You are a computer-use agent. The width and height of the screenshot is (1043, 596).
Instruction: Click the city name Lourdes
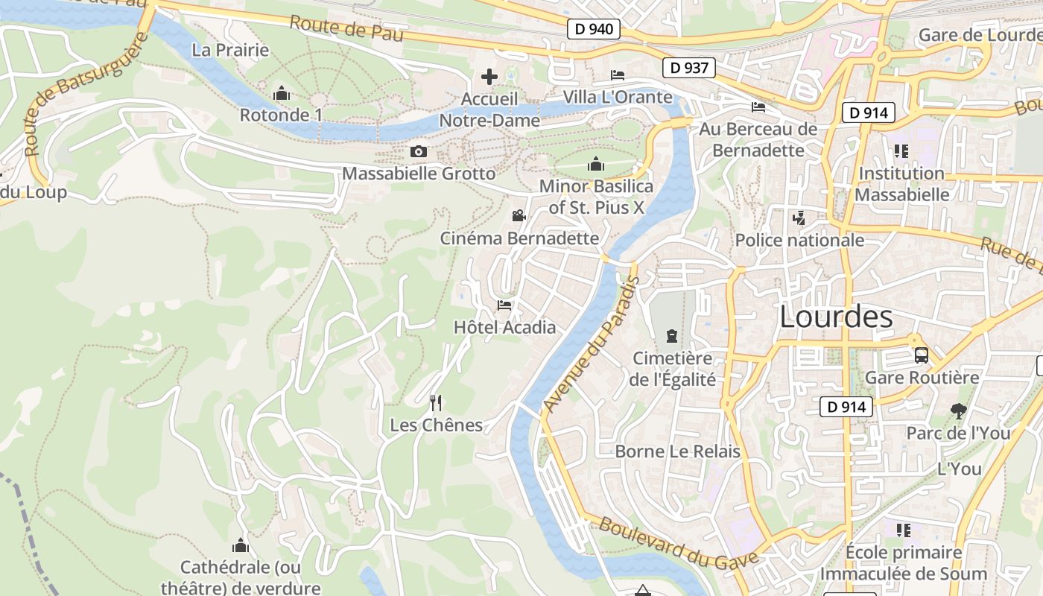click(x=836, y=317)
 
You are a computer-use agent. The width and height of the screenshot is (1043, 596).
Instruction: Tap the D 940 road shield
click(x=594, y=29)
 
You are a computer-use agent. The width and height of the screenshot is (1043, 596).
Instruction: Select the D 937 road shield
click(x=688, y=68)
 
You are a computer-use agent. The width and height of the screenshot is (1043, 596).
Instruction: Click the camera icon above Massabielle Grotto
click(x=419, y=152)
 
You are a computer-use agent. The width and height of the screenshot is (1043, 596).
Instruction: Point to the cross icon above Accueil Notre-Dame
click(x=489, y=77)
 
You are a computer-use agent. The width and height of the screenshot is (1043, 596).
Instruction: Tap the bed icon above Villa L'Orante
click(x=618, y=74)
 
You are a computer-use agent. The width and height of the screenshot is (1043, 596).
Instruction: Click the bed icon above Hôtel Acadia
click(x=504, y=305)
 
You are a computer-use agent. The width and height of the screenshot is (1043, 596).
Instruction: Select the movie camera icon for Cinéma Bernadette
click(x=519, y=216)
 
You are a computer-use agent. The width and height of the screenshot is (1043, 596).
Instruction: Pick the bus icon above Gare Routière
click(x=922, y=355)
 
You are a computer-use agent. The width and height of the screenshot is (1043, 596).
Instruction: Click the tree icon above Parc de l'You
click(x=958, y=410)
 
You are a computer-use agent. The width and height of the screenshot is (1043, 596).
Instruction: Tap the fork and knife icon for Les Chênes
click(x=436, y=403)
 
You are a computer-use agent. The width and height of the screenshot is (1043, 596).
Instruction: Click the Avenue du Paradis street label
click(x=592, y=344)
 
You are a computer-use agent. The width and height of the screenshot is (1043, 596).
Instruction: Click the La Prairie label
click(x=230, y=50)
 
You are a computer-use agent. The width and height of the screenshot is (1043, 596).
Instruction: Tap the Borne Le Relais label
click(x=677, y=451)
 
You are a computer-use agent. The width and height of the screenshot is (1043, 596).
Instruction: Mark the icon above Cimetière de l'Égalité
click(x=671, y=336)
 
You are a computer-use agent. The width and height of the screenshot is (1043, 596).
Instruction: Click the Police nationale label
click(x=799, y=240)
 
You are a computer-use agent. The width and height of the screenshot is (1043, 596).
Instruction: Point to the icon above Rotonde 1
click(x=282, y=94)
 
